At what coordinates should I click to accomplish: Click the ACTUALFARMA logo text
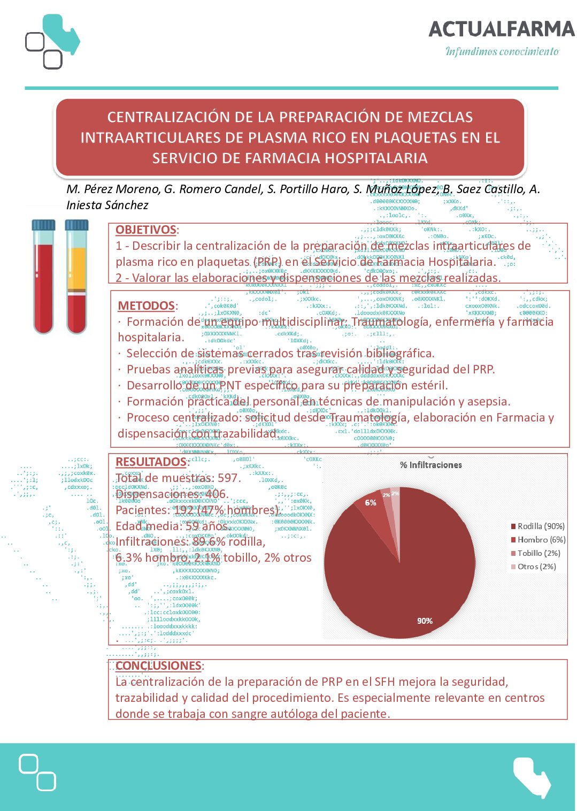[501, 29]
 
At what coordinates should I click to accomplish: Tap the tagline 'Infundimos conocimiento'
[502, 51]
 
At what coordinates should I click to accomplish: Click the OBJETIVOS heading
[145, 229]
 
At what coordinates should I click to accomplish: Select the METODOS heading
[146, 305]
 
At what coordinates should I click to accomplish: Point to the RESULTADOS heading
[151, 462]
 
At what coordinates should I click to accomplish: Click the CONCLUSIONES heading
[158, 665]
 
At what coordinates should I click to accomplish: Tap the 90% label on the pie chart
[425, 621]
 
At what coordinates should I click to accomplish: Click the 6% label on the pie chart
[371, 503]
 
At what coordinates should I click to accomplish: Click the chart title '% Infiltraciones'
[431, 465]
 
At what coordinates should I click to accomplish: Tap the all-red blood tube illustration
[43, 277]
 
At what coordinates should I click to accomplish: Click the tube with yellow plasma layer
[76, 277]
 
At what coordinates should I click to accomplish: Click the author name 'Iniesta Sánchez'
[107, 205]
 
